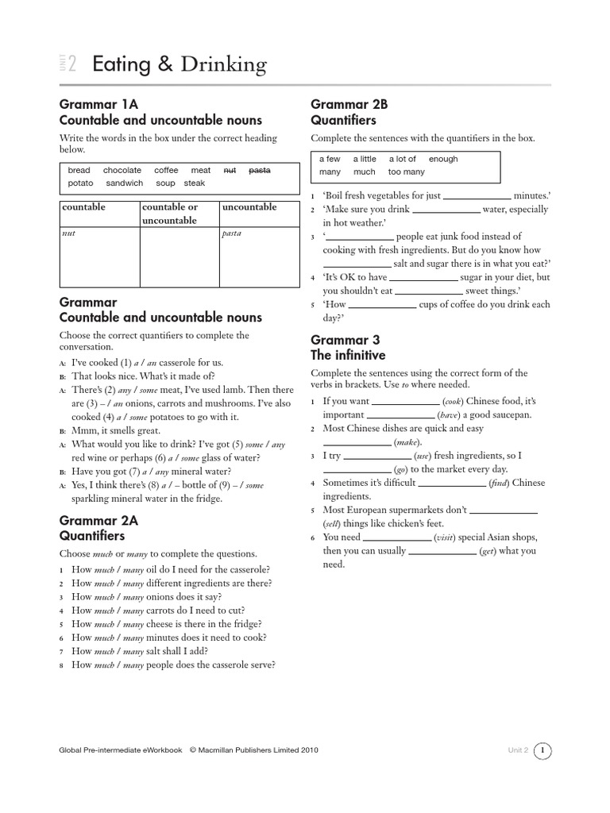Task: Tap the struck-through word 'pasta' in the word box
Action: pos(259,170)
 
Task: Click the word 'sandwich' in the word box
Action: pos(125,183)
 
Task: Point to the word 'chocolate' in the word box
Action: pos(122,170)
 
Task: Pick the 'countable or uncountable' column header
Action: pos(169,214)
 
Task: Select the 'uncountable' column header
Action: pos(249,207)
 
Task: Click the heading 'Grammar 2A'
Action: pos(99,520)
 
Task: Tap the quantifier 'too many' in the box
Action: pos(407,171)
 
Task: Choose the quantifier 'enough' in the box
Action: pos(443,159)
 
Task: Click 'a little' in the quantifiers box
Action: pos(365,159)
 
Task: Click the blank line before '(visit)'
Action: pos(397,538)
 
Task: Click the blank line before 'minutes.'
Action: pos(477,195)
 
